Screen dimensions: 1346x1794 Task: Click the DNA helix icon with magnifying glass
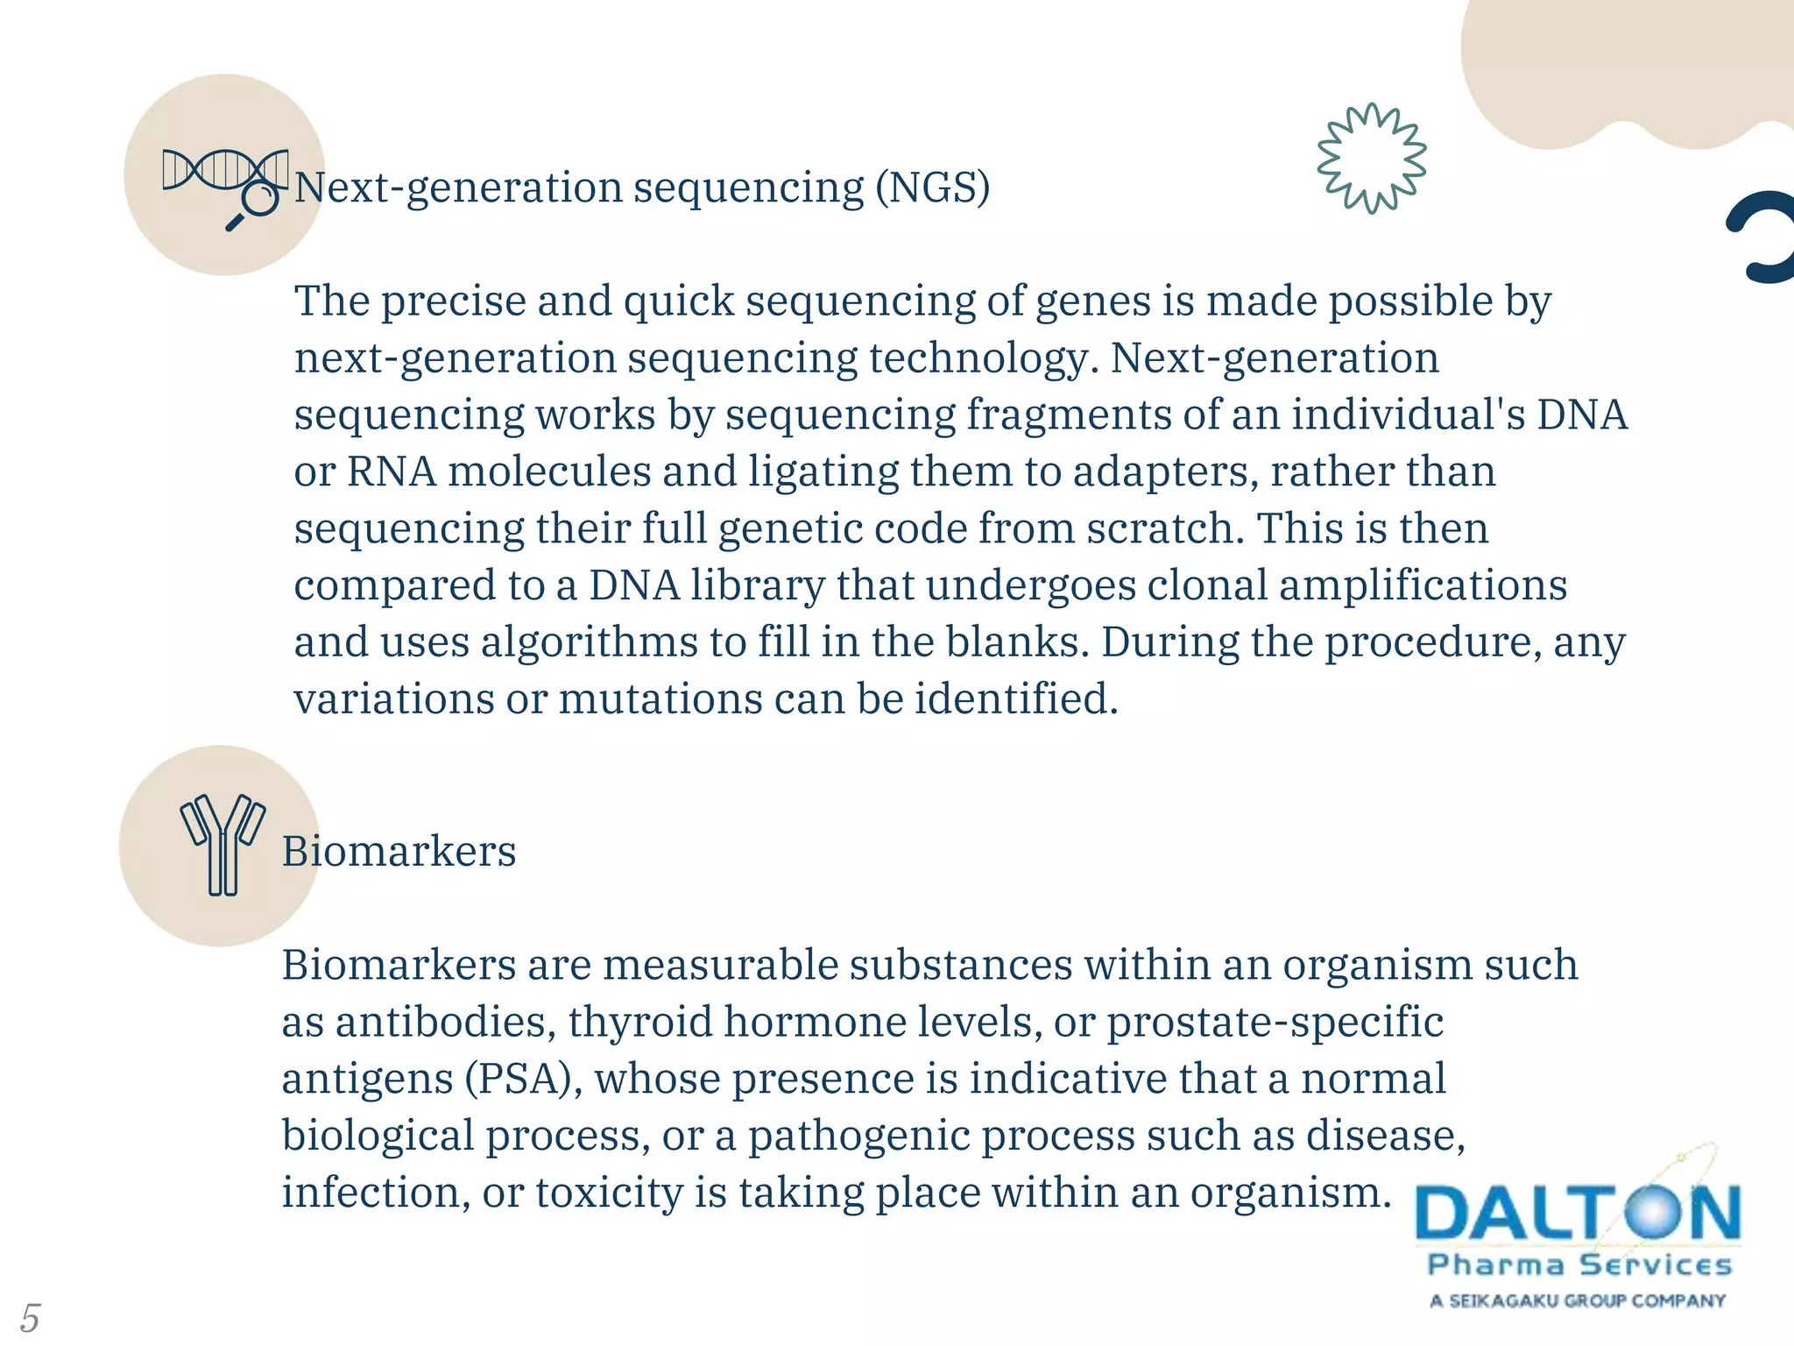click(225, 184)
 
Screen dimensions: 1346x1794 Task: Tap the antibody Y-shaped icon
click(222, 844)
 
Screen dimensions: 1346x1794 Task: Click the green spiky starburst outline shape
click(1372, 158)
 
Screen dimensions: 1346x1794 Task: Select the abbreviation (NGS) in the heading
click(933, 188)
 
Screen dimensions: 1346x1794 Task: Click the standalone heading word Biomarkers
click(399, 852)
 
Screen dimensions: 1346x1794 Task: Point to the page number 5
click(30, 1317)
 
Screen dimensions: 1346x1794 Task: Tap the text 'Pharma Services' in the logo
click(1579, 1265)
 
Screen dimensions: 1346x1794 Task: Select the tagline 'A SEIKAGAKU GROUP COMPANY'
click(1578, 1300)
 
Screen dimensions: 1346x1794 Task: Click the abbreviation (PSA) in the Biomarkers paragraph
click(519, 1079)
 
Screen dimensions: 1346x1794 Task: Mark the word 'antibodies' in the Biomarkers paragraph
click(444, 1022)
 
